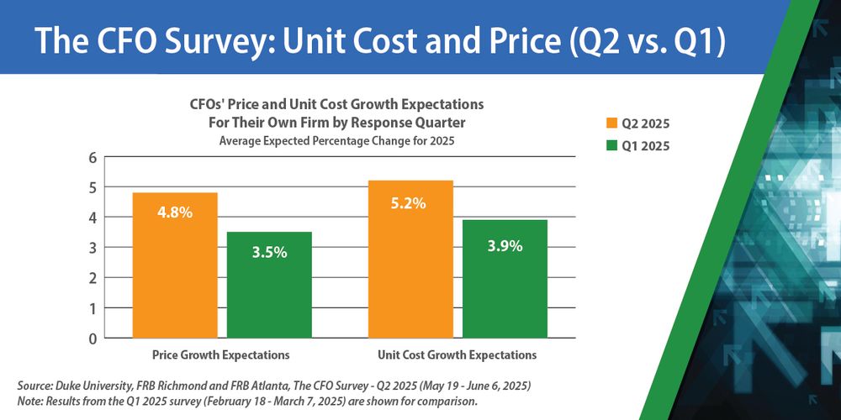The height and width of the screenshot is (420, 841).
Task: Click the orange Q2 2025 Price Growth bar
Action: pyautogui.click(x=175, y=265)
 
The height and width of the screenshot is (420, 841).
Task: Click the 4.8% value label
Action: pyautogui.click(x=175, y=213)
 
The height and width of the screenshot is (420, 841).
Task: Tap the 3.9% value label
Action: pyautogui.click(x=505, y=246)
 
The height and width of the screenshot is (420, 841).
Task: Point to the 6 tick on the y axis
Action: pyautogui.click(x=93, y=158)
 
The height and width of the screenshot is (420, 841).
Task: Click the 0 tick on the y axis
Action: pyautogui.click(x=93, y=339)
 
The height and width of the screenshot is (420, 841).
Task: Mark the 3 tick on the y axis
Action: pyautogui.click(x=93, y=248)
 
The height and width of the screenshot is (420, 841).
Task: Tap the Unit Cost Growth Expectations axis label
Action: pyautogui.click(x=458, y=355)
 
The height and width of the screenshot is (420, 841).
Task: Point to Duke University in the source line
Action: pyautogui.click(x=93, y=385)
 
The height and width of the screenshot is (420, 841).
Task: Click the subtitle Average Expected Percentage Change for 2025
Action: pyautogui.click(x=336, y=141)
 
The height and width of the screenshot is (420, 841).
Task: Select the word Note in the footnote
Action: pyautogui.click(x=30, y=400)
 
